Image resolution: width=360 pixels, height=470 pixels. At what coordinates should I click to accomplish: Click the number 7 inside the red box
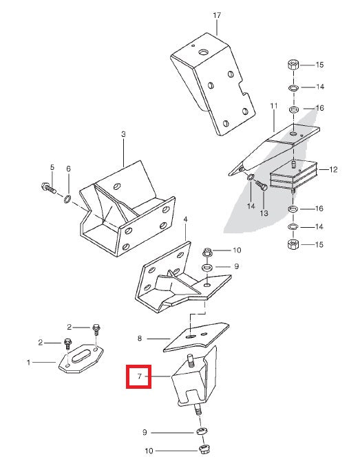[x=139, y=377]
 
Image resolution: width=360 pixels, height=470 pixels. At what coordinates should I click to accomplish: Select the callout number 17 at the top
[x=217, y=14]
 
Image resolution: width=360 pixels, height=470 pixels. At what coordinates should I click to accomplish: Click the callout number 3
[x=123, y=135]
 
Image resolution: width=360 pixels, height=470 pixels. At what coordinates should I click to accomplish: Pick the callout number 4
[x=185, y=220]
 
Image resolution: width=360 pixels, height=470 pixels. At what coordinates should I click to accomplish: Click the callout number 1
[x=29, y=361]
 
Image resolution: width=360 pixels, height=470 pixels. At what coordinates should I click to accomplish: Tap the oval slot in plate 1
[x=82, y=354]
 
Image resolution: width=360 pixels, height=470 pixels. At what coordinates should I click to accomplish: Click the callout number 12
[x=334, y=169]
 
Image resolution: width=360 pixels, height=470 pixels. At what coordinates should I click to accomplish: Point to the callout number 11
[x=273, y=106]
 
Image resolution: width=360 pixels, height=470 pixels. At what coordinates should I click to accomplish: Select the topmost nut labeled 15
[x=292, y=65]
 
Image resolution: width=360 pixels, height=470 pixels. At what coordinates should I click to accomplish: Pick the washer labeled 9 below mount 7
[x=200, y=431]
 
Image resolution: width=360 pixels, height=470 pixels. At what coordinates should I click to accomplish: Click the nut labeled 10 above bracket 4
[x=209, y=251]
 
